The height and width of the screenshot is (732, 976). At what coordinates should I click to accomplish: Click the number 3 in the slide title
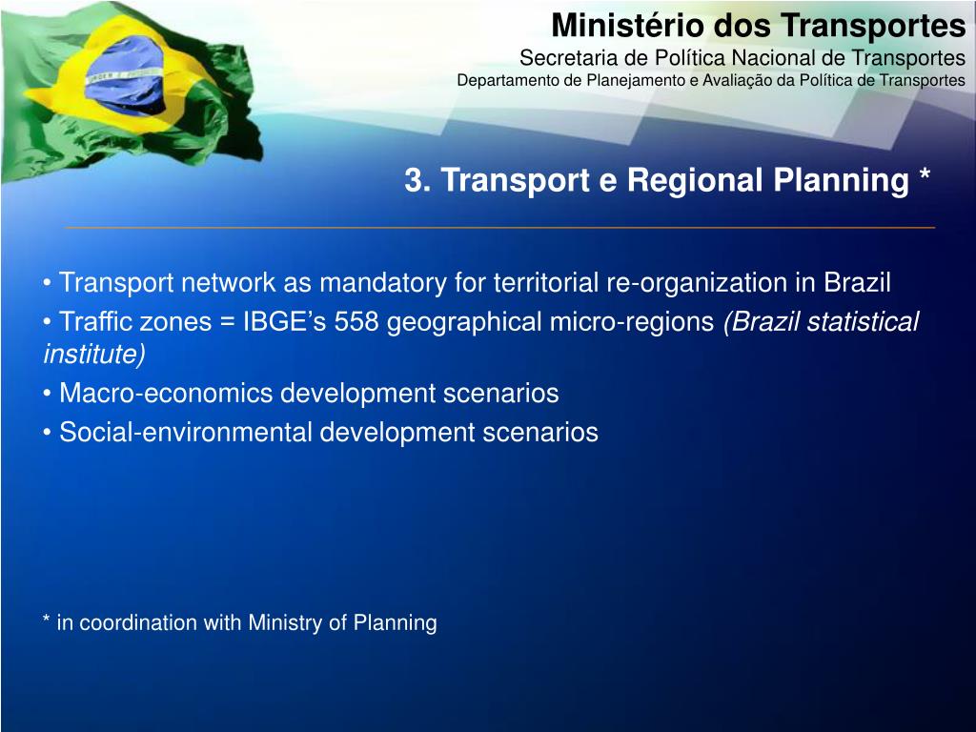(x=413, y=180)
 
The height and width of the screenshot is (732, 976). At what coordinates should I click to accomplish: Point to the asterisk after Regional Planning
(x=925, y=177)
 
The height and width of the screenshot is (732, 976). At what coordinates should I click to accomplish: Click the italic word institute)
(x=94, y=355)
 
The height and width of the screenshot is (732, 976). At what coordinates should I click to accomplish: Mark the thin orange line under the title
(x=499, y=228)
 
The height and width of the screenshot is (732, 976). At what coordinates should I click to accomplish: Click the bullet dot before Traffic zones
(x=47, y=323)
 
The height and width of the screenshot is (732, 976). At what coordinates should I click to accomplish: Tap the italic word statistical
(x=863, y=322)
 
